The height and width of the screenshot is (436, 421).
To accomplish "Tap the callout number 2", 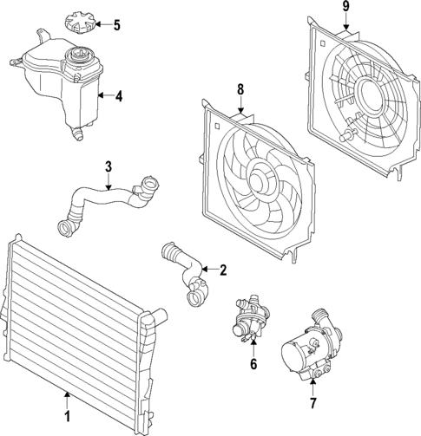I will tap(222, 270).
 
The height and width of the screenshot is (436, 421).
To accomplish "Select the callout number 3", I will tap(109, 166).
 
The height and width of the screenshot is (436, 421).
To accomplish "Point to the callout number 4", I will tap(118, 97).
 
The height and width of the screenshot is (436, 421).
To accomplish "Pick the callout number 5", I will tap(117, 24).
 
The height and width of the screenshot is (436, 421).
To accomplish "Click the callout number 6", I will tap(254, 365).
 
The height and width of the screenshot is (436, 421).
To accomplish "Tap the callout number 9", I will tap(345, 8).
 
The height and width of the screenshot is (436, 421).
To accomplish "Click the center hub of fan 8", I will tap(258, 180).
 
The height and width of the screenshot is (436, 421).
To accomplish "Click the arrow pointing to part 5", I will tap(102, 24).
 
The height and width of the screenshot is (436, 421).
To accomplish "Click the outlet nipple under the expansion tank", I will tap(78, 134).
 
